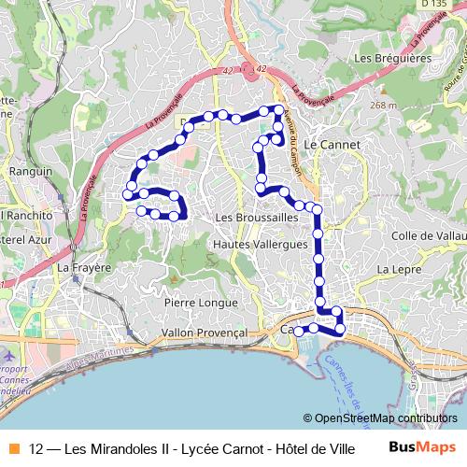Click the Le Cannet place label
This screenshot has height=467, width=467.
tap(327, 145)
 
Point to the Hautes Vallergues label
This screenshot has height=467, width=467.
tap(261, 244)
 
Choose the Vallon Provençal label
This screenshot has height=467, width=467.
tap(203, 333)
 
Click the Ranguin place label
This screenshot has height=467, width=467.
tap(31, 171)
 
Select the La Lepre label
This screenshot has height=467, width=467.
tap(395, 269)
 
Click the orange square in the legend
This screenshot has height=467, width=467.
tap(12, 447)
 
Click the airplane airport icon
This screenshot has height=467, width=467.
tap(9, 356)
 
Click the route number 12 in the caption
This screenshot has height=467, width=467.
tap(36, 447)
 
